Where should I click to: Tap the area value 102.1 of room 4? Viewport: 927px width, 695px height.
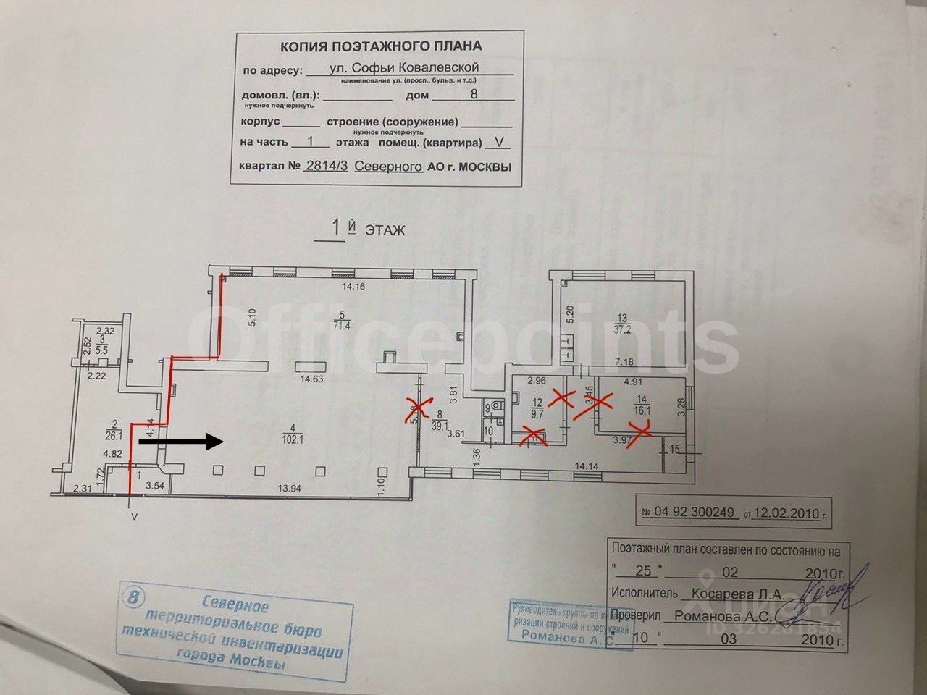(298, 447)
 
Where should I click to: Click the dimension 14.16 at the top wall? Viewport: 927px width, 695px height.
(355, 287)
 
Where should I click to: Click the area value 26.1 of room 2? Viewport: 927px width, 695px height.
(112, 434)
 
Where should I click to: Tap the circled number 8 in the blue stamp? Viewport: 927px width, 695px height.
(133, 597)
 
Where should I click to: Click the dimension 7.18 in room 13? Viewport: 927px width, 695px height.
(625, 361)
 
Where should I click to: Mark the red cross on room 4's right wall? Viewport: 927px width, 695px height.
(414, 409)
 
